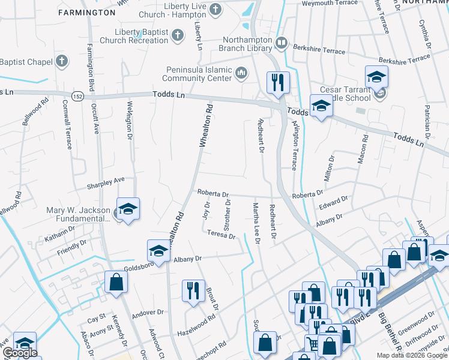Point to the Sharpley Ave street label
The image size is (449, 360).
coord(106,179)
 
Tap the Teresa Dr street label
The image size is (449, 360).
coord(221,235)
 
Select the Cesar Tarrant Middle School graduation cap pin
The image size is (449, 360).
coord(376,77)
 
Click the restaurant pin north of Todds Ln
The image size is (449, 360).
coord(277,83)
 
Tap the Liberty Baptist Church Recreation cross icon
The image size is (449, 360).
coord(176,36)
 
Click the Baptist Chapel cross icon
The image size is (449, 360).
coord(61,61)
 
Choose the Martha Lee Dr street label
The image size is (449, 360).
coord(256,223)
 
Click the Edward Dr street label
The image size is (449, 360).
coord(334,203)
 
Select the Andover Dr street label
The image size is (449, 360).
coord(148,312)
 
